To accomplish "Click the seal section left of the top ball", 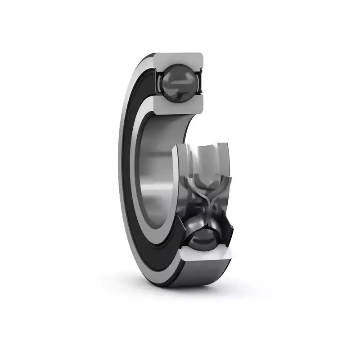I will pyautogui.click(x=159, y=81).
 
